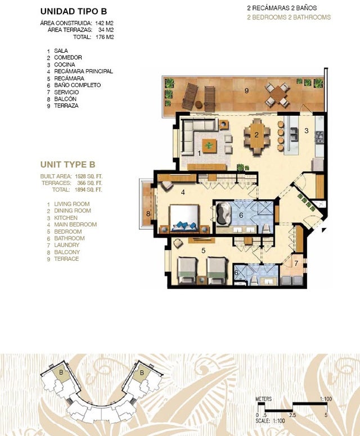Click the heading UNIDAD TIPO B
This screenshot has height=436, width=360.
pyautogui.click(x=74, y=11)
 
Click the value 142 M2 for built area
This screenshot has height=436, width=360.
pyautogui.click(x=105, y=23)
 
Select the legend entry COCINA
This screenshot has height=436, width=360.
pyautogui.click(x=64, y=65)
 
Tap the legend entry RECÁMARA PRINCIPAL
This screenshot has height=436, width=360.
pyautogui.click(x=83, y=71)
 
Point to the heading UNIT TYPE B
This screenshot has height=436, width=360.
pyautogui.click(x=68, y=165)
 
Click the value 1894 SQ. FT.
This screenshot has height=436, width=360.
pyautogui.click(x=88, y=190)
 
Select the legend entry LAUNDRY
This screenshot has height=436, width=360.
pyautogui.click(x=66, y=245)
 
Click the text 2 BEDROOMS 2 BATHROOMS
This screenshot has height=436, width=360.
pyautogui.click(x=289, y=17)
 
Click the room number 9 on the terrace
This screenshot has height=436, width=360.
pyautogui.click(x=246, y=90)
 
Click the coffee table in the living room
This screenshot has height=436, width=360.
pyautogui.click(x=209, y=146)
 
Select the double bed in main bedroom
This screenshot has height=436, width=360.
pyautogui.click(x=184, y=218)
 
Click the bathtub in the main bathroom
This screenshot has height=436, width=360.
pyautogui.click(x=223, y=214)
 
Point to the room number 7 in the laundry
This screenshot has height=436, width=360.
pyautogui.click(x=296, y=263)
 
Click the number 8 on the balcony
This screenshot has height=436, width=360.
pyautogui.click(x=148, y=214)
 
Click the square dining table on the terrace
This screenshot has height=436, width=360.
pyautogui.click(x=276, y=94)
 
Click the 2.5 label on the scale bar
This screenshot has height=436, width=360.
pyautogui.click(x=292, y=415)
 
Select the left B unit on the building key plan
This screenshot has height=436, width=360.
pyautogui.click(x=61, y=375)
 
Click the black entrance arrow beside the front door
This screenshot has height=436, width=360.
pyautogui.click(x=323, y=230)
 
